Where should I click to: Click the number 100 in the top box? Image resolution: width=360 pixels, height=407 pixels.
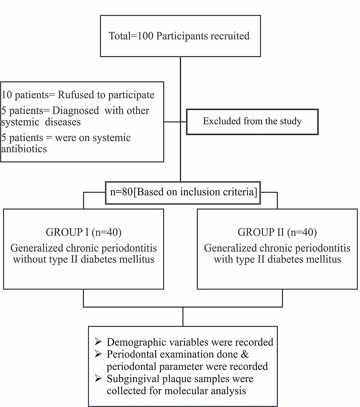coord(145,36)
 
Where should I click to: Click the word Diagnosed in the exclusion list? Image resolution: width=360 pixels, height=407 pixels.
coord(76,111)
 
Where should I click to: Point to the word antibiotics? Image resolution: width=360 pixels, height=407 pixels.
coord(24,149)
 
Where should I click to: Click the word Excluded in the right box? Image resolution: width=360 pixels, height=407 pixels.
coord(222,121)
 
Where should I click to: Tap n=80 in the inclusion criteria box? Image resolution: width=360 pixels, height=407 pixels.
coord(122,192)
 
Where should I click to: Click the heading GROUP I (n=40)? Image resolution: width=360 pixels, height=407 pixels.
coord(84,232)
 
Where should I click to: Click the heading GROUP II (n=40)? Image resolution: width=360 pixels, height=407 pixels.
coord(277,232)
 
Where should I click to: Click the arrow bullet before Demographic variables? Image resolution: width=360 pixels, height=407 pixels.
coord(98,342)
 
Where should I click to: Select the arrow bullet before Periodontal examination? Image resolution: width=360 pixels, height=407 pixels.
coord(98,354)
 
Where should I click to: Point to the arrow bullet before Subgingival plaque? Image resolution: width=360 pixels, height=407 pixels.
coord(98,378)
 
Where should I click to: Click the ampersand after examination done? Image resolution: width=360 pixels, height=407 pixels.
coord(245,354)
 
